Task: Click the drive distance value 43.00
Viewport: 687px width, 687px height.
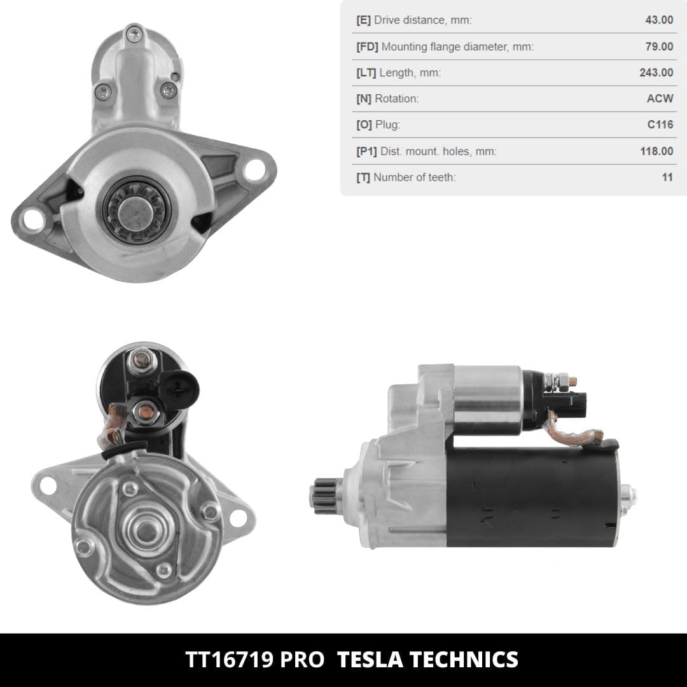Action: point(659,20)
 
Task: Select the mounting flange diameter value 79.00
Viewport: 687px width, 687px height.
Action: point(659,46)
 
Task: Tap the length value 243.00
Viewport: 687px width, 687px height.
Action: point(656,73)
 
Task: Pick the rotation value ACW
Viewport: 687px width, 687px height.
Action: point(660,98)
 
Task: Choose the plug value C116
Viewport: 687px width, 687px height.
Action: point(660,125)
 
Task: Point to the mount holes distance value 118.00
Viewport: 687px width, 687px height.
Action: point(656,151)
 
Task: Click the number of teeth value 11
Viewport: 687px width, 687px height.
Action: point(667,177)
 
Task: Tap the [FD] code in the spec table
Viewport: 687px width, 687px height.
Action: point(367,46)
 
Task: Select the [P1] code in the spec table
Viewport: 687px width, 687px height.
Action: point(366,151)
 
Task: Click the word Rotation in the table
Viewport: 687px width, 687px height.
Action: point(396,99)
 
